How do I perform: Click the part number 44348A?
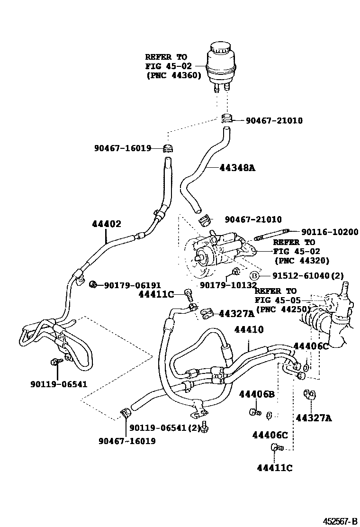coord(237,167)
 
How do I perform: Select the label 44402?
coord(107,224)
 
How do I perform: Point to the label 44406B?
coord(257,394)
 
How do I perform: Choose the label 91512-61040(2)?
coord(307,276)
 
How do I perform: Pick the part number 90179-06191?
coord(133,285)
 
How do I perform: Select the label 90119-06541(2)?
coord(165,427)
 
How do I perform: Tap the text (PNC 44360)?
coord(173,75)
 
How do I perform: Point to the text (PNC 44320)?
coord(301,260)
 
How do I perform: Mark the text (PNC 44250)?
coord(283,309)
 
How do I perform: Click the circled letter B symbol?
coord(254,276)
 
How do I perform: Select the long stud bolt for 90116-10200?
coord(270,235)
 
